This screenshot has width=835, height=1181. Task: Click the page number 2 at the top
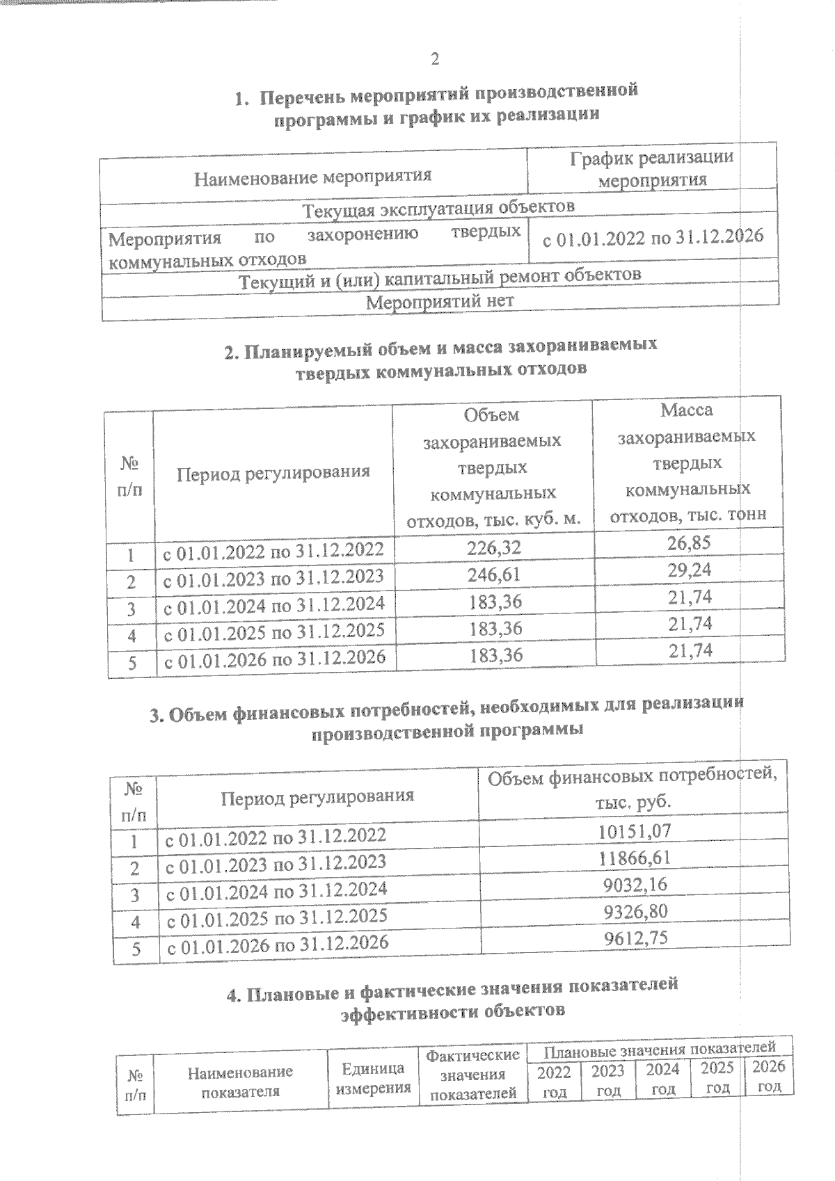click(434, 59)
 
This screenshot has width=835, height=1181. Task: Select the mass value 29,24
click(689, 570)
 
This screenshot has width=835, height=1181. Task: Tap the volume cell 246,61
click(494, 575)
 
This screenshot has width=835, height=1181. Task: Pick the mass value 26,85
click(689, 543)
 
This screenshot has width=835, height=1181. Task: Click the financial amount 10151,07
click(634, 830)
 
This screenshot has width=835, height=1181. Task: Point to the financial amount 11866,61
click(634, 858)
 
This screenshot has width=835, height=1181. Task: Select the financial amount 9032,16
click(634, 884)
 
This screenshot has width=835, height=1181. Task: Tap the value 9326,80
click(634, 911)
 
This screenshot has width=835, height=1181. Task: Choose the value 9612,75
click(634, 938)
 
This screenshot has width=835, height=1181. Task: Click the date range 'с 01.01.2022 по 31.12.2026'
click(653, 238)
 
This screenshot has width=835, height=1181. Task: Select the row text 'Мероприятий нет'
click(440, 302)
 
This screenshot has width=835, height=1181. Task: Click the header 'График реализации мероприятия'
click(652, 168)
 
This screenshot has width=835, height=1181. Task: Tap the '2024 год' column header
click(662, 1079)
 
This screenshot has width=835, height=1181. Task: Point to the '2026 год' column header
click(769, 1076)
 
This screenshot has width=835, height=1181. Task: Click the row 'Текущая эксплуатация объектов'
click(438, 207)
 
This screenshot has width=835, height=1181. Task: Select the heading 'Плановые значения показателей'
click(659, 1048)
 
